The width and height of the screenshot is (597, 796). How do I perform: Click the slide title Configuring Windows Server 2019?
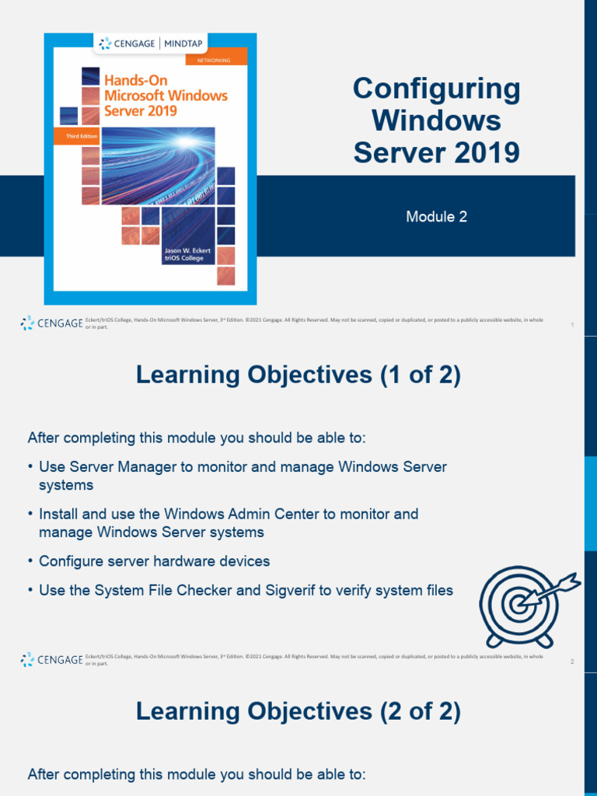click(x=436, y=120)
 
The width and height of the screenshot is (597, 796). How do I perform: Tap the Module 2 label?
click(x=436, y=217)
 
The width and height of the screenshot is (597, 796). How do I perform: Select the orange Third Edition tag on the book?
click(x=72, y=135)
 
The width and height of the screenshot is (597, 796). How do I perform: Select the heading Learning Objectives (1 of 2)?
click(x=298, y=375)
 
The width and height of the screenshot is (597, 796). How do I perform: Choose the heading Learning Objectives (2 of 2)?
click(x=298, y=711)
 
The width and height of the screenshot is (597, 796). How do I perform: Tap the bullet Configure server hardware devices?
click(x=154, y=561)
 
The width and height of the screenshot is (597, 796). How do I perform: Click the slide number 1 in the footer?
click(x=572, y=325)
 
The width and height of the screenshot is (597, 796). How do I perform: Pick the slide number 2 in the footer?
click(x=572, y=662)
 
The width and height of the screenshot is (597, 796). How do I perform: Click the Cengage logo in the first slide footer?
click(x=51, y=323)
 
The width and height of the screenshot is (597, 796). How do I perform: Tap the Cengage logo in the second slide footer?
click(x=51, y=660)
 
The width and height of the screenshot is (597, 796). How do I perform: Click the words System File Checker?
click(x=163, y=591)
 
